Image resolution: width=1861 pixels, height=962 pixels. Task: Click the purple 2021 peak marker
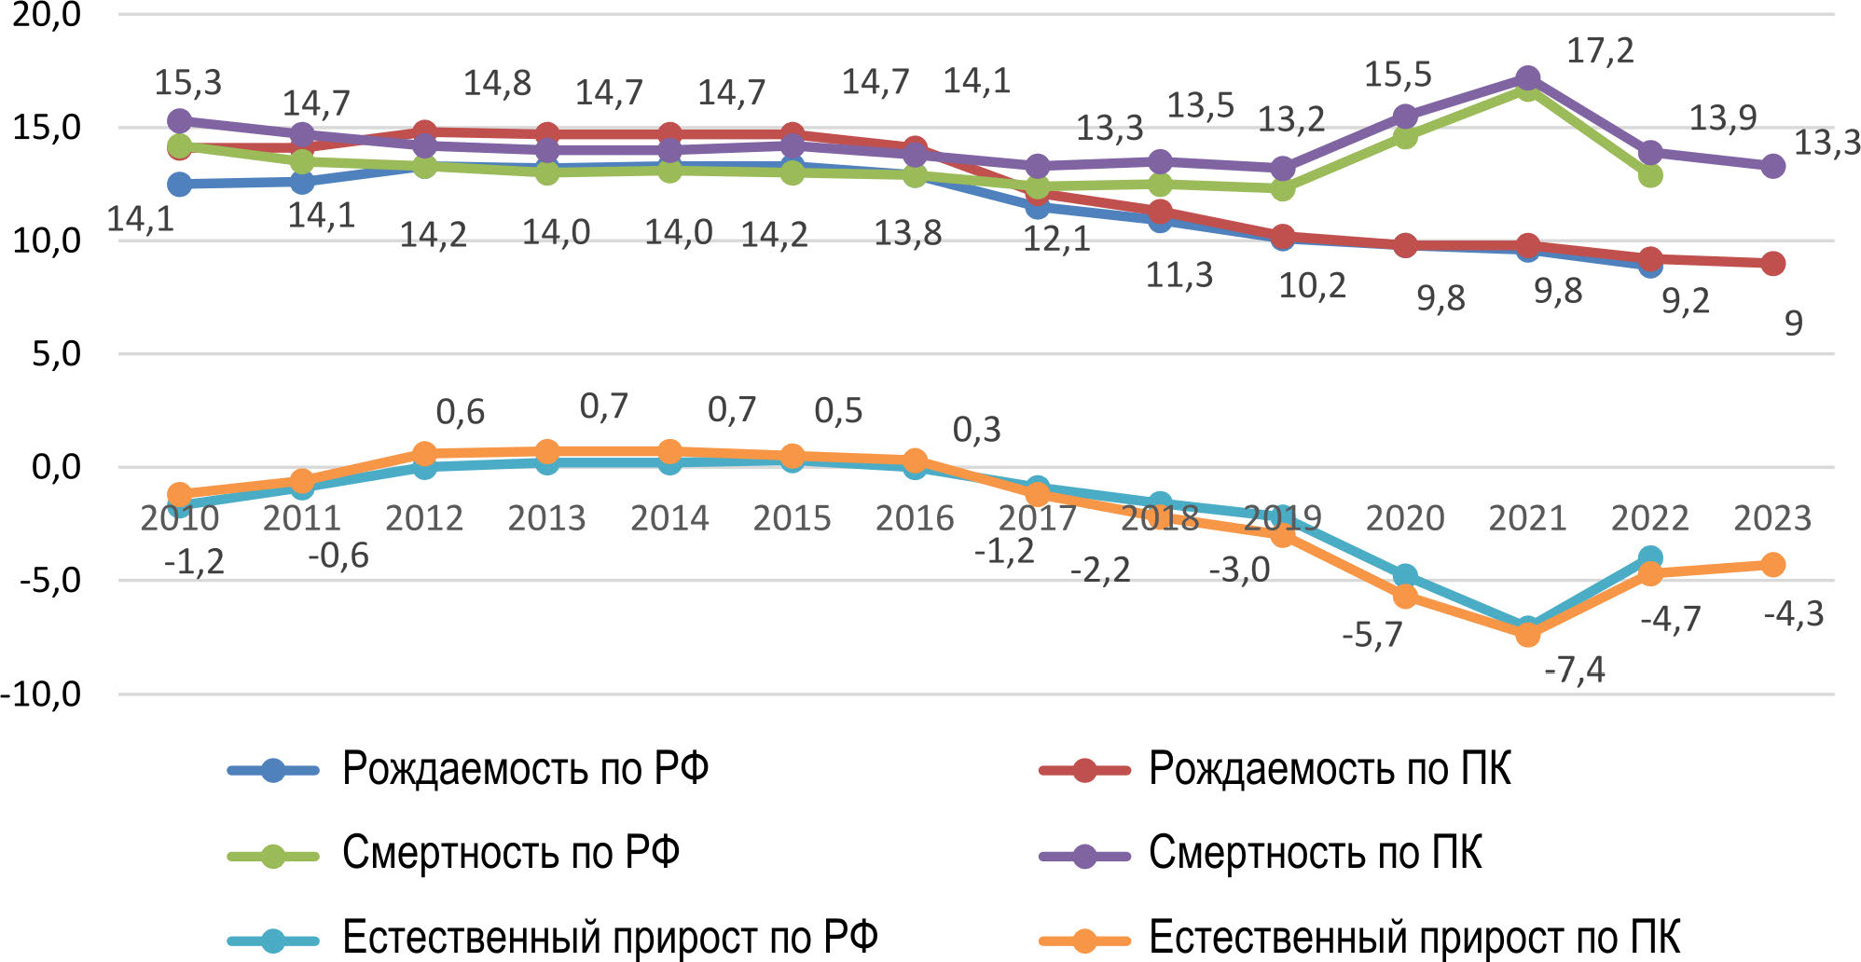pyautogui.click(x=1527, y=78)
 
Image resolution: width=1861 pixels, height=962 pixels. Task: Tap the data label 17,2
pyautogui.click(x=1600, y=51)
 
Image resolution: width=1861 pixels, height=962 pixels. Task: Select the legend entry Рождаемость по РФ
pyautogui.click(x=524, y=770)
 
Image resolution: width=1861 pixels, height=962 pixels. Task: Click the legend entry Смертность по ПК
pyautogui.click(x=1314, y=853)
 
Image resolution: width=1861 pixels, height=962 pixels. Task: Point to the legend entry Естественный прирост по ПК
pyautogui.click(x=1413, y=937)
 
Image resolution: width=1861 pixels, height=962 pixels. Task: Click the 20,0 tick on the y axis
pyautogui.click(x=47, y=16)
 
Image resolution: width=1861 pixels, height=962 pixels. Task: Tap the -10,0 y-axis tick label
pyautogui.click(x=42, y=694)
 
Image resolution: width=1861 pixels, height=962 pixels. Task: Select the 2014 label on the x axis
pyautogui.click(x=669, y=518)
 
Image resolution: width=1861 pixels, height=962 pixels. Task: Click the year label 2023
pyautogui.click(x=1771, y=518)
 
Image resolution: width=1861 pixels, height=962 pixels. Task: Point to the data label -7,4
pyautogui.click(x=1575, y=669)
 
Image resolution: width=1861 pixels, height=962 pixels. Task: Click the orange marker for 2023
pyautogui.click(x=1772, y=565)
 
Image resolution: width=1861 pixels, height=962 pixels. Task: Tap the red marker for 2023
pyautogui.click(x=1772, y=264)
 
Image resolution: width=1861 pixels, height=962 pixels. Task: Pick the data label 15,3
pyautogui.click(x=188, y=83)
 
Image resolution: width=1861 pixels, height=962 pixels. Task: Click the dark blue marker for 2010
pyautogui.click(x=179, y=185)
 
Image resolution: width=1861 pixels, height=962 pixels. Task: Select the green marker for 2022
pyautogui.click(x=1650, y=175)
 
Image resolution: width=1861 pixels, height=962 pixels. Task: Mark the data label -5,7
pyautogui.click(x=1372, y=635)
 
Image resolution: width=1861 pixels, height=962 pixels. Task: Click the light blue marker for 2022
pyautogui.click(x=1650, y=558)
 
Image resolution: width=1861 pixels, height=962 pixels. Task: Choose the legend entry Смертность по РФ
pyautogui.click(x=510, y=853)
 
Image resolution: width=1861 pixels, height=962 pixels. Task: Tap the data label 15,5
pyautogui.click(x=1398, y=75)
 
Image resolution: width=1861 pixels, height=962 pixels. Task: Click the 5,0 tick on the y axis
pyautogui.click(x=56, y=354)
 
